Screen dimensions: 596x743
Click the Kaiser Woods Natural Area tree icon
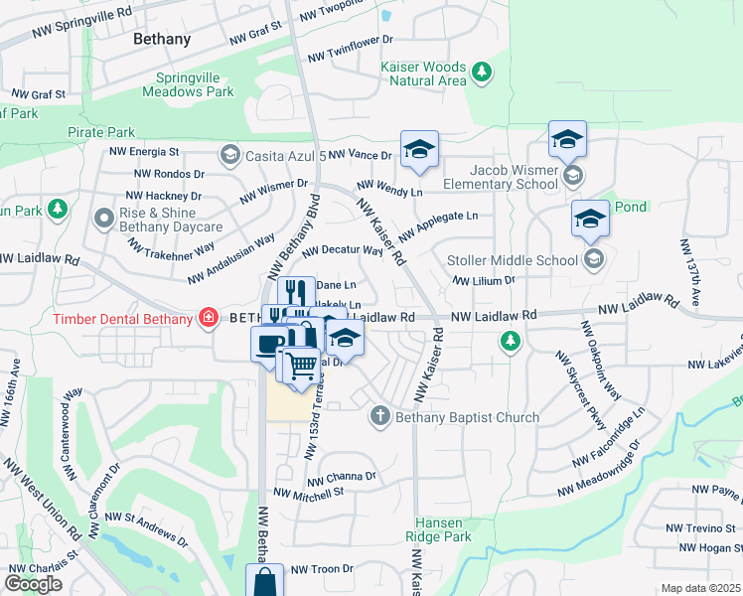(482, 72)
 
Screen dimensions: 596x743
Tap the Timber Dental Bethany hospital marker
(208, 319)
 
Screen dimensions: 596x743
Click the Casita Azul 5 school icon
(230, 154)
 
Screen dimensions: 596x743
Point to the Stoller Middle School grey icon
(594, 260)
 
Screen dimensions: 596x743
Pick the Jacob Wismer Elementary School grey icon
(573, 176)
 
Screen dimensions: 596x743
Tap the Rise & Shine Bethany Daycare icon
(103, 218)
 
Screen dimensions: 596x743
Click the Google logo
(33, 583)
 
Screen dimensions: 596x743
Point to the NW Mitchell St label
(309, 491)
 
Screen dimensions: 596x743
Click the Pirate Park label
(101, 132)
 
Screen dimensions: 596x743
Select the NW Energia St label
(145, 152)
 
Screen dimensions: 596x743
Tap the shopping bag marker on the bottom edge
(265, 582)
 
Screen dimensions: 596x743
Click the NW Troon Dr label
(320, 569)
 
